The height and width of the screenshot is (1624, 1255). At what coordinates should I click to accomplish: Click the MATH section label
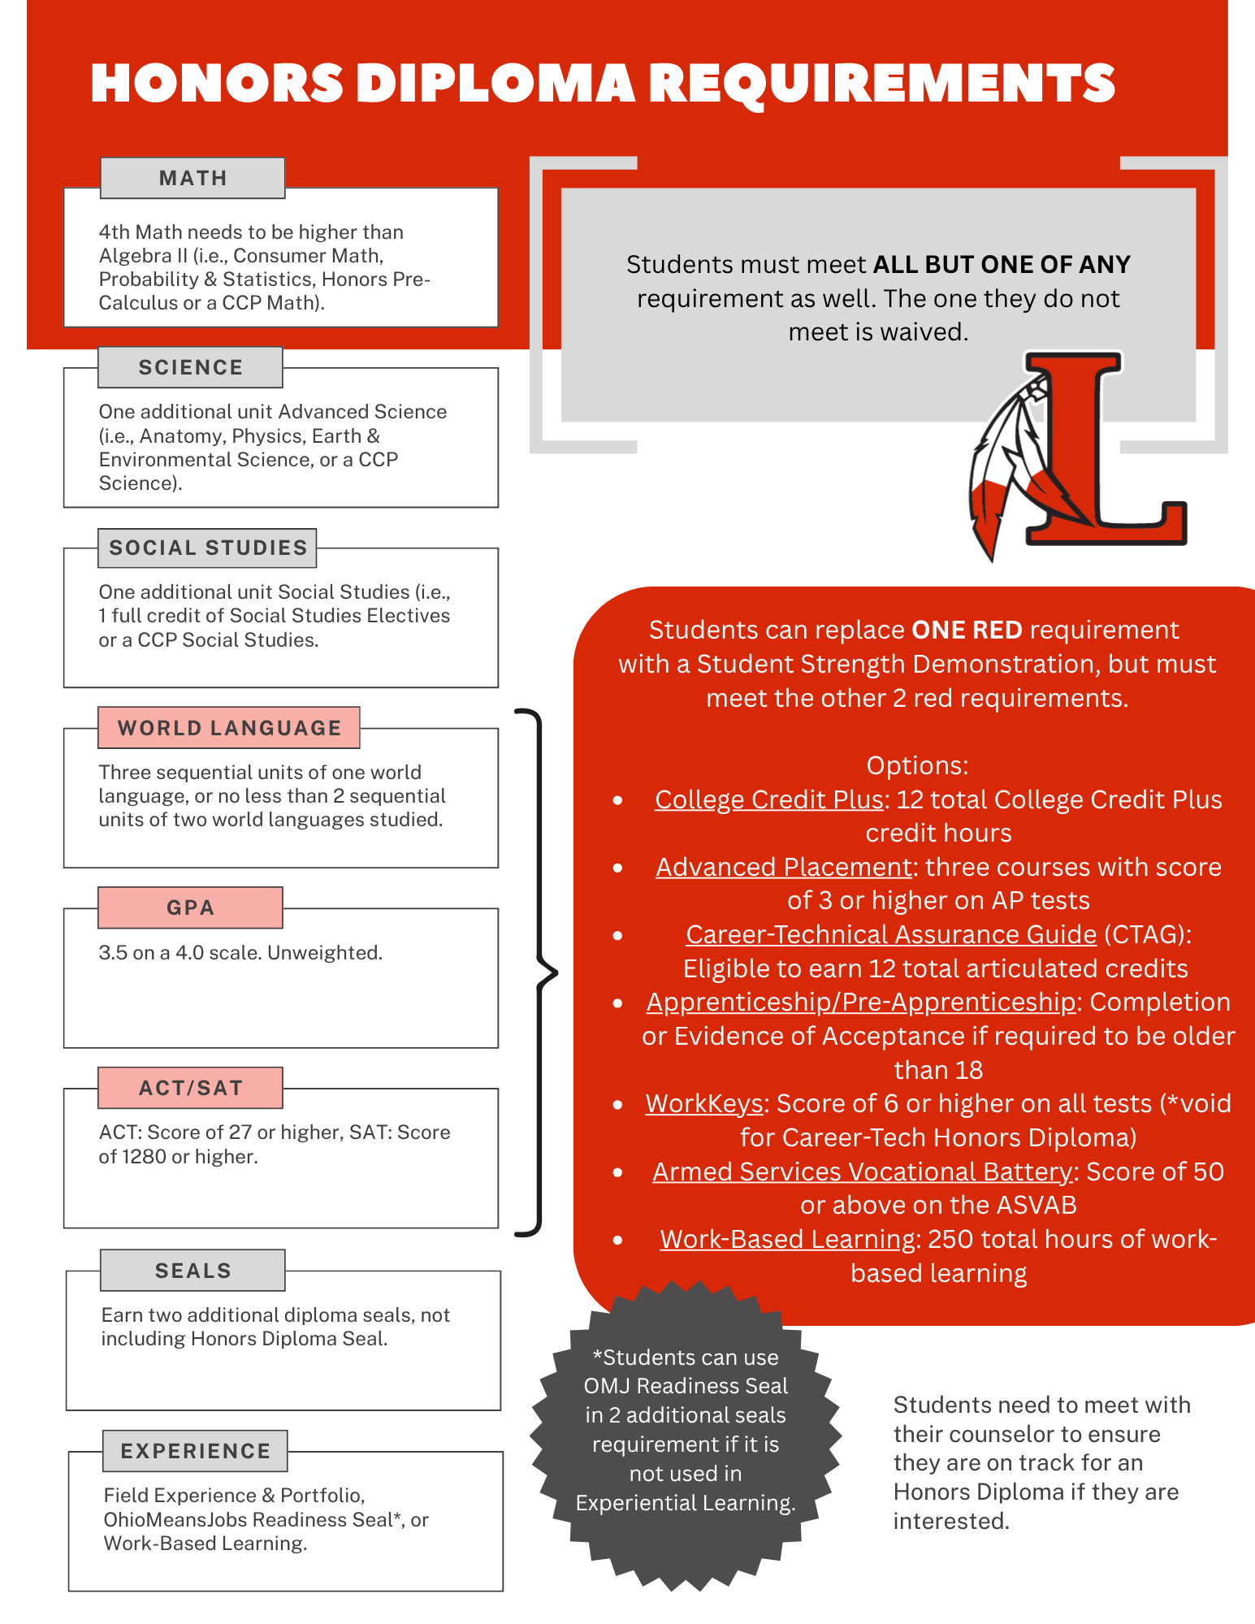coord(193,178)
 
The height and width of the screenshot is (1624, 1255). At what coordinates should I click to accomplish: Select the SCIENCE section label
coord(190,367)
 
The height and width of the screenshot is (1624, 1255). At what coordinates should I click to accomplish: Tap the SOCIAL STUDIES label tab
coord(208,548)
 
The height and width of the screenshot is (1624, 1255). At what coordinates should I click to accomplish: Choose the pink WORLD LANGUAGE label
coord(229,728)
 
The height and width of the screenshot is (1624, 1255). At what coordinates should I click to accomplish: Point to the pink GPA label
coord(190,907)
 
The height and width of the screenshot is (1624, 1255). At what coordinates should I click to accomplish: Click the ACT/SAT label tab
coord(190,1088)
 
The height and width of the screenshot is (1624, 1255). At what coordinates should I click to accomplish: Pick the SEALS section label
coord(193,1270)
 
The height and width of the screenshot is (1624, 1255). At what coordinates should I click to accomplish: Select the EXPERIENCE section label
coord(195,1451)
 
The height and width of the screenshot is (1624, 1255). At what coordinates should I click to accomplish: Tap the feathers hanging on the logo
coord(1003,463)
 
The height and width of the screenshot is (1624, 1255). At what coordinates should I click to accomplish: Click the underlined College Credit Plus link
coord(768,799)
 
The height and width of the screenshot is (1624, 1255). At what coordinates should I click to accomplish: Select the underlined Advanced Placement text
coord(783,867)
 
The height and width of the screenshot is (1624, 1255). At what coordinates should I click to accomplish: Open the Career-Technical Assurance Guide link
coord(891,934)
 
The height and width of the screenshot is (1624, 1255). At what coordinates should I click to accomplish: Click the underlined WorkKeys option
coord(703,1103)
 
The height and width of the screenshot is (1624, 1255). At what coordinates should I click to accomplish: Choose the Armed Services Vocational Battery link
coord(862,1171)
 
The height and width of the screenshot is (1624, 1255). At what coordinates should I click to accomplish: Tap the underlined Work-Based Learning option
coord(787,1239)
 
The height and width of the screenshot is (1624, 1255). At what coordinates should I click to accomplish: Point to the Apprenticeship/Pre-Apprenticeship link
coord(860,1002)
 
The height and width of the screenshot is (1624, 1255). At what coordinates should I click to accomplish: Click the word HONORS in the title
coord(217,84)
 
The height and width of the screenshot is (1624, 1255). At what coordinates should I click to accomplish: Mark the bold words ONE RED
coord(967,630)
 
